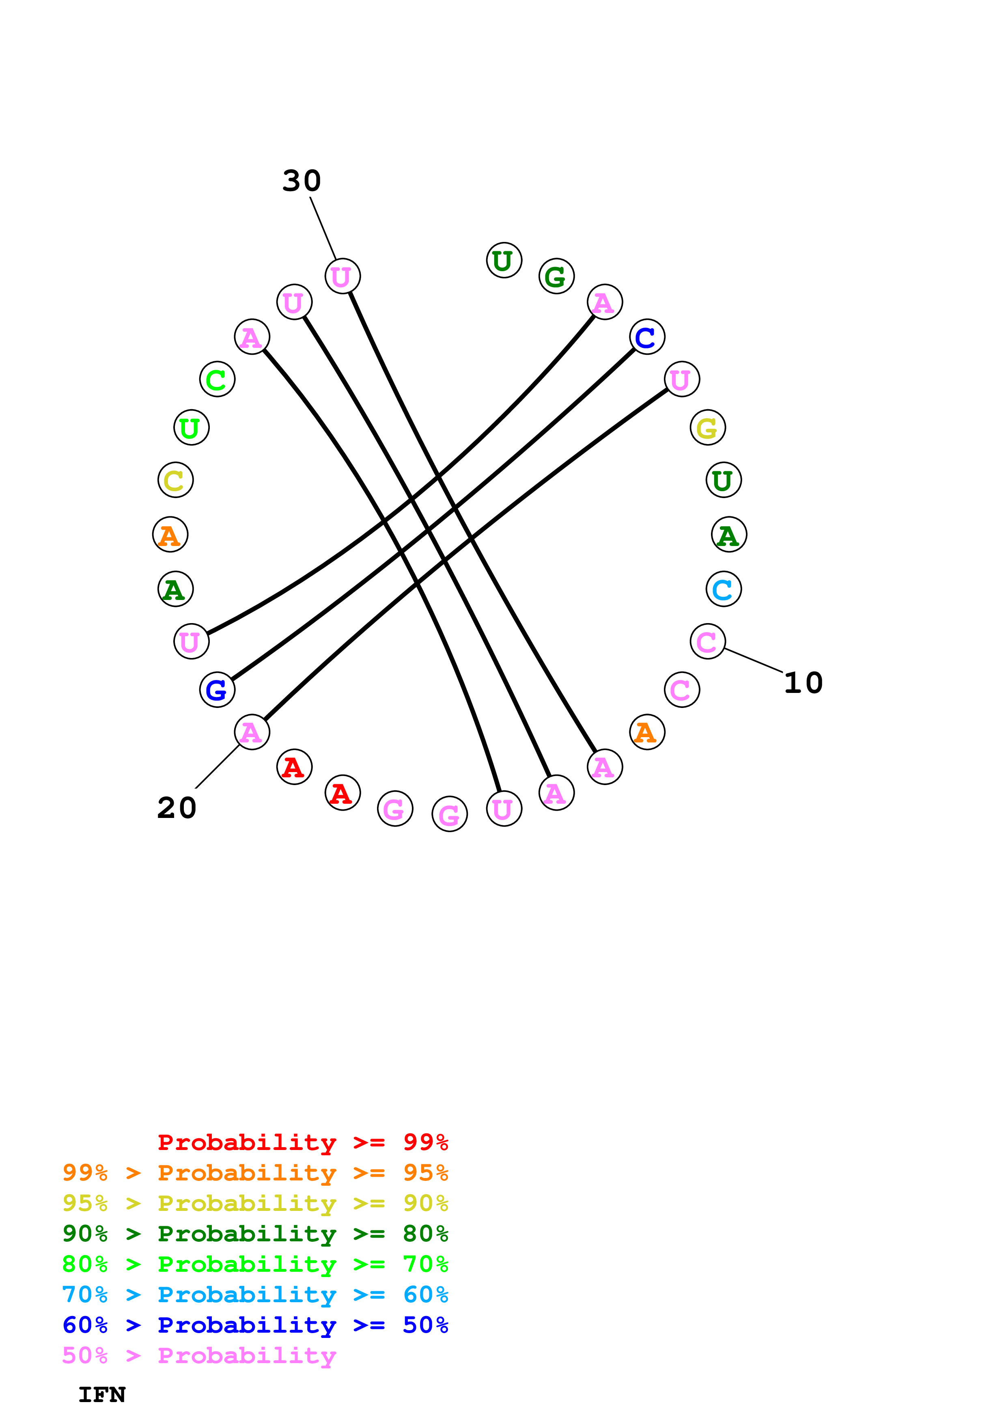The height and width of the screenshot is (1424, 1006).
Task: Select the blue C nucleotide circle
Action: [x=646, y=337]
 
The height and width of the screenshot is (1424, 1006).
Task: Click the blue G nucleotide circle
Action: [x=217, y=690]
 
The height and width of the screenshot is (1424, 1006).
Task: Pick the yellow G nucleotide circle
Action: [x=707, y=428]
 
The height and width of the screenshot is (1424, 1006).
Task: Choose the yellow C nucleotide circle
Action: [x=175, y=480]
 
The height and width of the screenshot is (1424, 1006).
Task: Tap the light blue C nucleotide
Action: [x=723, y=589]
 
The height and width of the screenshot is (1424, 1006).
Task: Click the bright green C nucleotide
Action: [x=217, y=380]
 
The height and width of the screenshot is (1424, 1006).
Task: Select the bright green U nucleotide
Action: [x=191, y=428]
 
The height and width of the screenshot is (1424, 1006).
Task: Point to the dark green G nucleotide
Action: [x=556, y=276]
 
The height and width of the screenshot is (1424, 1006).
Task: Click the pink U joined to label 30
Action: [x=342, y=276]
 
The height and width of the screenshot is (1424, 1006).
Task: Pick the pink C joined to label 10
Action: [x=707, y=641]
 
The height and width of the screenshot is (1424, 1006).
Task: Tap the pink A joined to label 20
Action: [x=252, y=732]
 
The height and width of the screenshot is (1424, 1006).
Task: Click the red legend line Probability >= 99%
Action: [x=302, y=1142]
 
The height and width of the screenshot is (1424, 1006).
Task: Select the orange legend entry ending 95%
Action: [x=255, y=1173]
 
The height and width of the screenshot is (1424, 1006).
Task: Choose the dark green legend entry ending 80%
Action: [x=255, y=1234]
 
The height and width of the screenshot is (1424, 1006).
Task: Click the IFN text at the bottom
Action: [x=101, y=1395]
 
